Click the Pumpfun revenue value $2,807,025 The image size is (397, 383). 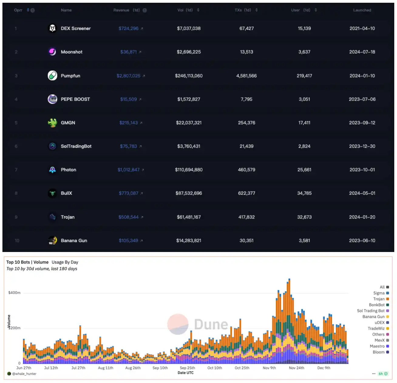point(128,76)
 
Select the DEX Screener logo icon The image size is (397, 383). point(53,28)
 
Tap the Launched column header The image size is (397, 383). point(362,10)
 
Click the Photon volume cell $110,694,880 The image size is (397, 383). point(188,170)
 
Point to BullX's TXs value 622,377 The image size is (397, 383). point(246,193)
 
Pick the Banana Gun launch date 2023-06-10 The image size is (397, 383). point(362,240)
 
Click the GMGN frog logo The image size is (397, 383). point(53,123)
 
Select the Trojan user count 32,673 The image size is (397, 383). point(304,217)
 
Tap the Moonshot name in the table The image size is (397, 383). point(71,52)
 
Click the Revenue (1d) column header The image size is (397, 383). point(127,10)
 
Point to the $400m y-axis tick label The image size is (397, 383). point(14,293)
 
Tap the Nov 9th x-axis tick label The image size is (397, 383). point(269,368)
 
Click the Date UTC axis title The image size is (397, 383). point(185,373)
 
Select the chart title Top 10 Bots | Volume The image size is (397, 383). point(27,262)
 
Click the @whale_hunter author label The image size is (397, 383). point(24,374)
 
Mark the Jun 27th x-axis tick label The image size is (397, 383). point(24,368)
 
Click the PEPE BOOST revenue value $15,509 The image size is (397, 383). point(128,99)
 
